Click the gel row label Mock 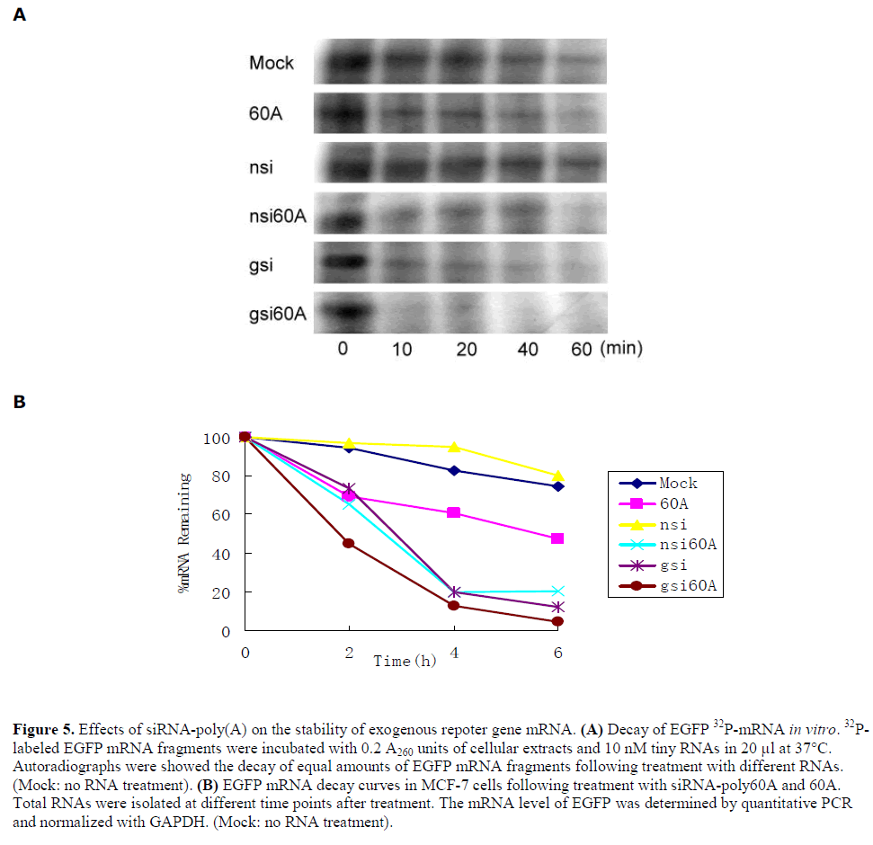click(x=272, y=64)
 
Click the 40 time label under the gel click(x=528, y=349)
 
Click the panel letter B click(x=19, y=401)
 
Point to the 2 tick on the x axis click(x=349, y=654)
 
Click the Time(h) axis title click(x=405, y=662)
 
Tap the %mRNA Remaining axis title click(x=185, y=532)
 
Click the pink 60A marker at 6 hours click(x=557, y=538)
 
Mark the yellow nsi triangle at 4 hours click(x=454, y=447)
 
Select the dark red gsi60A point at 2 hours click(x=349, y=543)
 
